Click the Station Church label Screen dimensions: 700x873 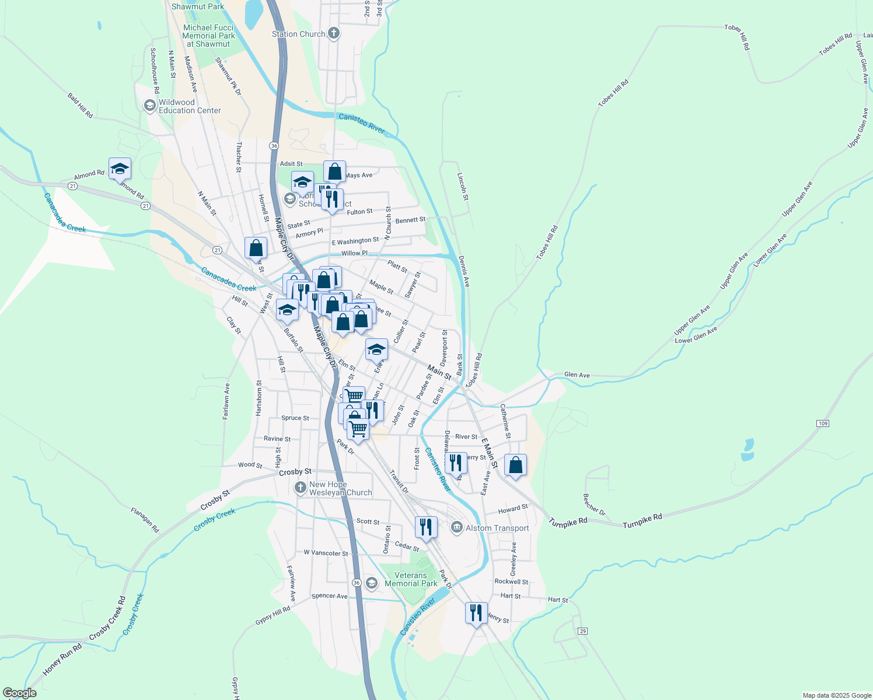(299, 34)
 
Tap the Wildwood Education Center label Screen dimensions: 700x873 (190, 106)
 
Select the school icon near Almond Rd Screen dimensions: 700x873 (120, 169)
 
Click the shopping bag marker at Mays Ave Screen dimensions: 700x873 (334, 172)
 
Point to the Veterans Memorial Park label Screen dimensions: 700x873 (411, 579)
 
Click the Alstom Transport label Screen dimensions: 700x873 (497, 528)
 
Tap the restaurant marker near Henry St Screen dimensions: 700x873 (476, 613)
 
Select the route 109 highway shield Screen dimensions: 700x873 (823, 423)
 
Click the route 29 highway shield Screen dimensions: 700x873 (582, 631)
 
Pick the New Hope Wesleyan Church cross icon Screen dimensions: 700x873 (301, 488)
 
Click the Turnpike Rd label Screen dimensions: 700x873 (642, 520)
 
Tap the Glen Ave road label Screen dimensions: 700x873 (577, 375)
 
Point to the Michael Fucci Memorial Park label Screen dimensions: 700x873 (208, 36)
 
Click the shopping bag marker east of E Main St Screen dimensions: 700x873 (515, 466)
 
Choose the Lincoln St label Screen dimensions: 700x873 (462, 186)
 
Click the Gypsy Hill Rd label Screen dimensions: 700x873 (273, 615)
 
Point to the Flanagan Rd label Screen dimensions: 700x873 (145, 520)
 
